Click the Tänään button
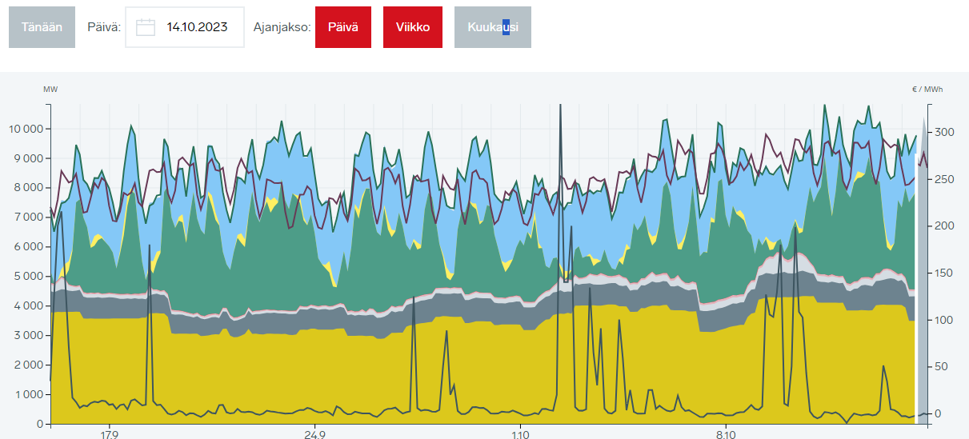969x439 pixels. [x=42, y=27]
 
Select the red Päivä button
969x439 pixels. [x=342, y=27]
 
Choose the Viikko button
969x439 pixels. [x=412, y=27]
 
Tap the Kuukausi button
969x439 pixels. [x=493, y=27]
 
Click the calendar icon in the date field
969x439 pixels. [x=146, y=27]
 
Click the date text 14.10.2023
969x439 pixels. [x=197, y=27]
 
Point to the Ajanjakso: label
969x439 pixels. [x=281, y=27]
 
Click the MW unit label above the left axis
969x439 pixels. [x=50, y=89]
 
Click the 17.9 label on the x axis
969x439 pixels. [x=109, y=435]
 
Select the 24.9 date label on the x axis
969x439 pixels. [x=314, y=435]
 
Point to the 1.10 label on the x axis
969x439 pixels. [x=520, y=435]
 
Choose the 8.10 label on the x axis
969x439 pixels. [x=726, y=435]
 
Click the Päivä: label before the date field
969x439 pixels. [x=104, y=27]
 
